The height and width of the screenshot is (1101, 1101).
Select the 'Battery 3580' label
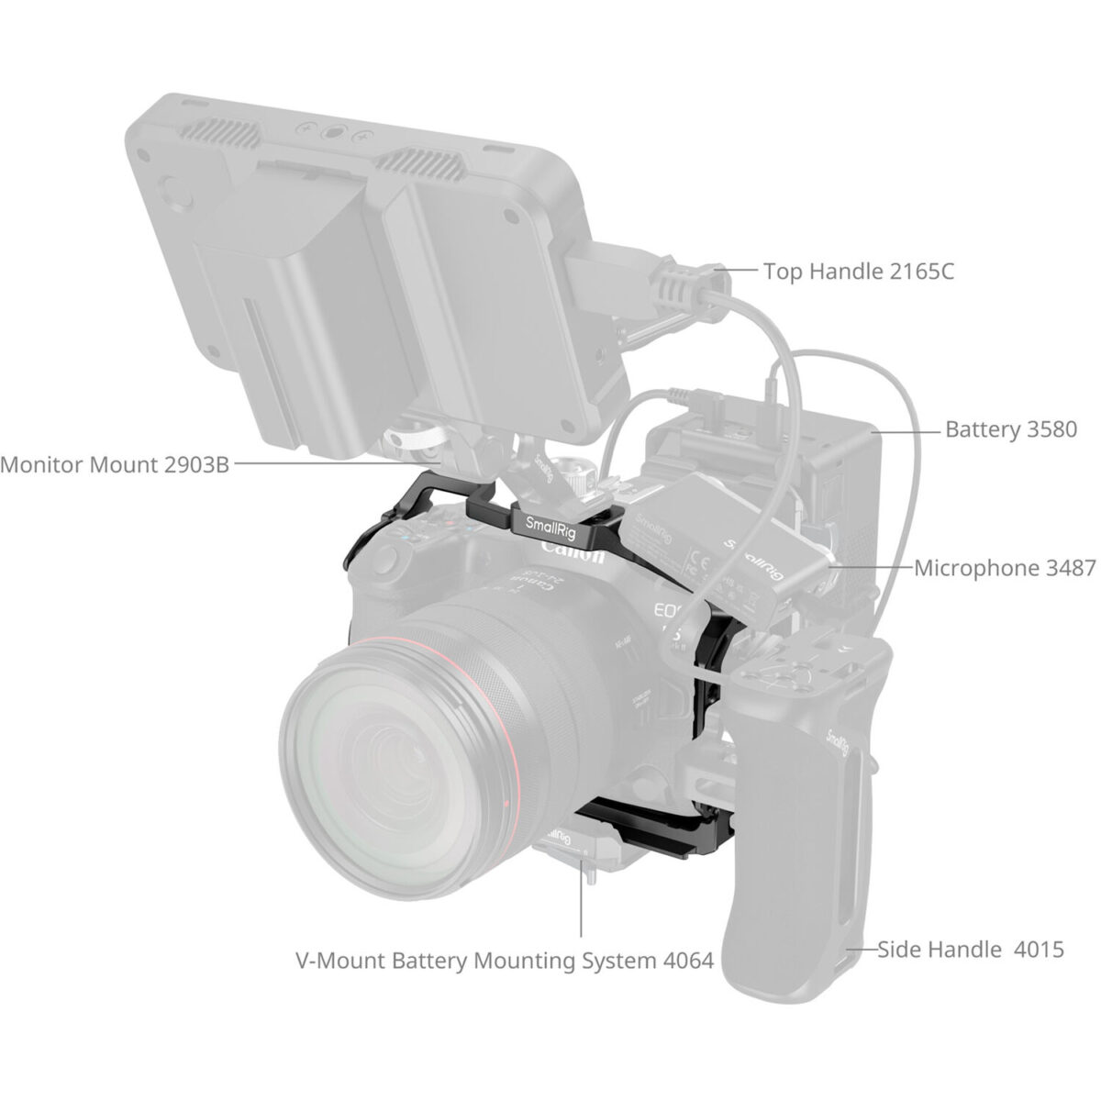point(1011,429)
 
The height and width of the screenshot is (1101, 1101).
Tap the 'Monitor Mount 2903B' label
point(114,463)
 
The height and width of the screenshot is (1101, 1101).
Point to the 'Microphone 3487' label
point(1005,568)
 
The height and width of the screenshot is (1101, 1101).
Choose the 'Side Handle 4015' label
point(971,949)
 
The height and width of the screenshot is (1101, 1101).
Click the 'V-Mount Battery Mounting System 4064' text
point(504,962)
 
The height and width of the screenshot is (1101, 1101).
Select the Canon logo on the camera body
point(573,552)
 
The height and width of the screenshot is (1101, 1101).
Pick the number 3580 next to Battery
point(1048,429)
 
